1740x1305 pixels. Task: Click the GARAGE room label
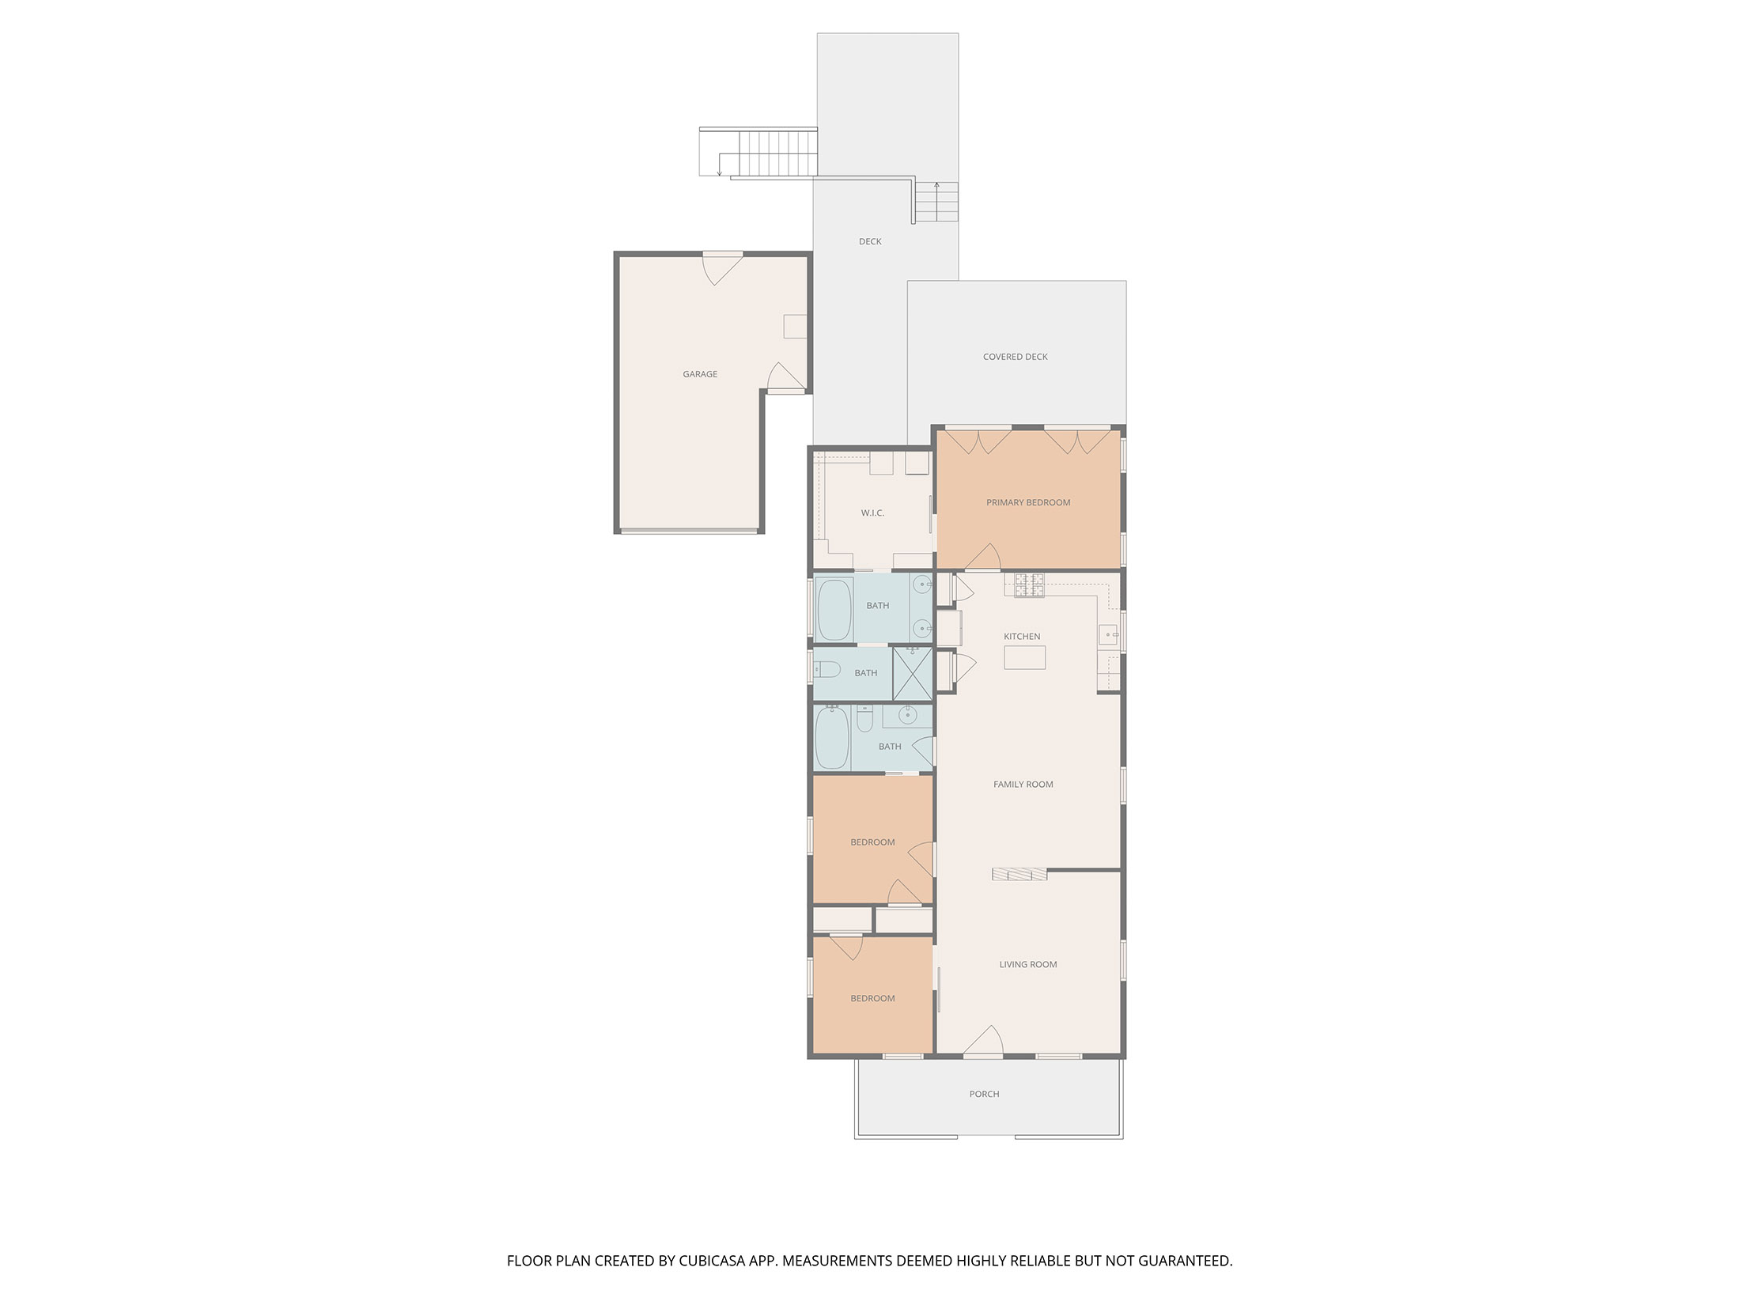point(700,374)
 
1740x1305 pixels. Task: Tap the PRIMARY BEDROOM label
point(1028,502)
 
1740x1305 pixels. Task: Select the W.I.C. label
point(872,513)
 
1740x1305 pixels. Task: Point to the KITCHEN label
point(1022,637)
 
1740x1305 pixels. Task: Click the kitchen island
point(1025,657)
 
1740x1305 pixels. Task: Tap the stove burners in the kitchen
point(1029,584)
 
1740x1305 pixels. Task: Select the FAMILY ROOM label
point(1023,785)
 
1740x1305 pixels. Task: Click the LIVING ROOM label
point(1028,965)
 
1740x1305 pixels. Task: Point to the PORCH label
point(985,1095)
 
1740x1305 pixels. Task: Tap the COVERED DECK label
point(1016,357)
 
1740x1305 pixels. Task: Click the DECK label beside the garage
point(870,242)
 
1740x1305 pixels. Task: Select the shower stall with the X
point(912,673)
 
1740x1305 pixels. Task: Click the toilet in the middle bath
point(826,671)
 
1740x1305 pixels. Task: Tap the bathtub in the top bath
point(834,609)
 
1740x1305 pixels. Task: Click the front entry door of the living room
point(983,1042)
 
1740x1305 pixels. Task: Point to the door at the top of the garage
point(723,267)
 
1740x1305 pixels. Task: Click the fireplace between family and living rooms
point(1019,874)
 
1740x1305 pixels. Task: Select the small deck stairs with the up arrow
point(937,202)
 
